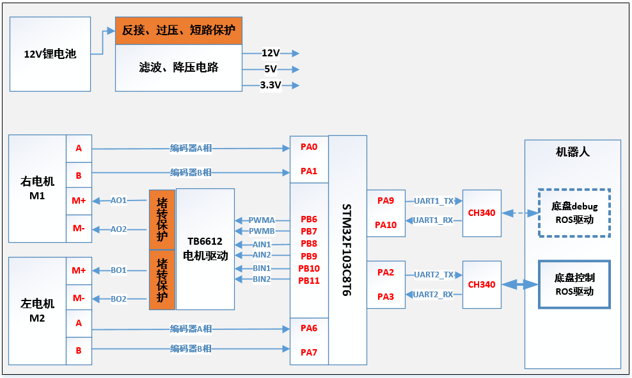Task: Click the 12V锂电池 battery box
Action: coord(50,54)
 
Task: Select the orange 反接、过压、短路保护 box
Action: coord(178,30)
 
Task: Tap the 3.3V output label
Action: coord(271,85)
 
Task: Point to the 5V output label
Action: coord(271,69)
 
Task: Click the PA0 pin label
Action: coord(309,147)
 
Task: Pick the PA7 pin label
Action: coord(309,352)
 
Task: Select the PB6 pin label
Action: coord(309,220)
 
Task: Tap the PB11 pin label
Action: coord(309,280)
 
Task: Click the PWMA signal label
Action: coord(262,220)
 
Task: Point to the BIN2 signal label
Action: coord(262,279)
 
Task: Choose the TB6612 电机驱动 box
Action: coord(205,249)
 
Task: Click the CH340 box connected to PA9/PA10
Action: coord(482,213)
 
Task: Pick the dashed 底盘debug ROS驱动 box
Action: coord(574,213)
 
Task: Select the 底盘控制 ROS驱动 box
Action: coord(574,284)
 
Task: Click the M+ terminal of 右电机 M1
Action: coord(79,201)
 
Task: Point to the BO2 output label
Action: coord(118,299)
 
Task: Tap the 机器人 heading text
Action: coord(573,152)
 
